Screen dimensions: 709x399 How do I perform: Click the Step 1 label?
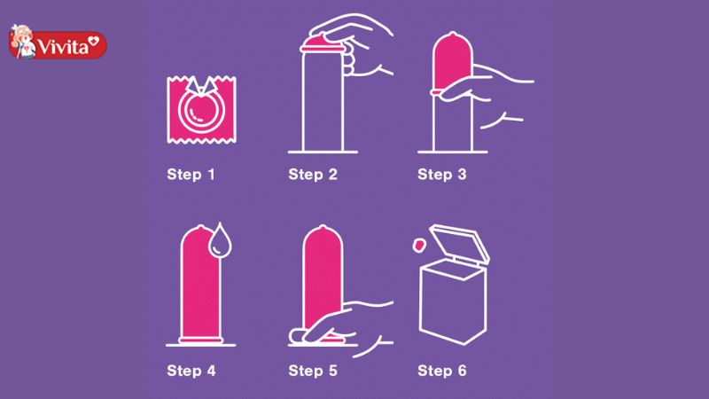[x=191, y=175]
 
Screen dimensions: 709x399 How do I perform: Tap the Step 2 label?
[x=313, y=175]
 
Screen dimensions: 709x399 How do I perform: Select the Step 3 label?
[x=441, y=175]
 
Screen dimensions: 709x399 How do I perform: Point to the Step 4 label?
[x=191, y=371]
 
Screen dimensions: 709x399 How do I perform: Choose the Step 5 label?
[x=313, y=371]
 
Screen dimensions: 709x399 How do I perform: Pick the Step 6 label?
[x=441, y=371]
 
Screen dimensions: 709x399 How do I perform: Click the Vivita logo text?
[x=62, y=47]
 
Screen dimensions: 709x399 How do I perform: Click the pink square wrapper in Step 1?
[x=202, y=110]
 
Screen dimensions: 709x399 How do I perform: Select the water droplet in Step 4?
[x=220, y=240]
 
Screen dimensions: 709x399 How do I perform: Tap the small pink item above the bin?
[x=418, y=246]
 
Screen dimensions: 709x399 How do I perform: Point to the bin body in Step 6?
[x=453, y=302]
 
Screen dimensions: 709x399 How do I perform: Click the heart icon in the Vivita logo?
[x=94, y=42]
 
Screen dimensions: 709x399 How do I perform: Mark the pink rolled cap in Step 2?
[x=323, y=43]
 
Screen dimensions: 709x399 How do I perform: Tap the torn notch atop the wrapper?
[x=202, y=86]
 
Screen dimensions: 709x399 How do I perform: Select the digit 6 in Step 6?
[x=462, y=371]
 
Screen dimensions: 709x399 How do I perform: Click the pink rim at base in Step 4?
[x=201, y=340]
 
